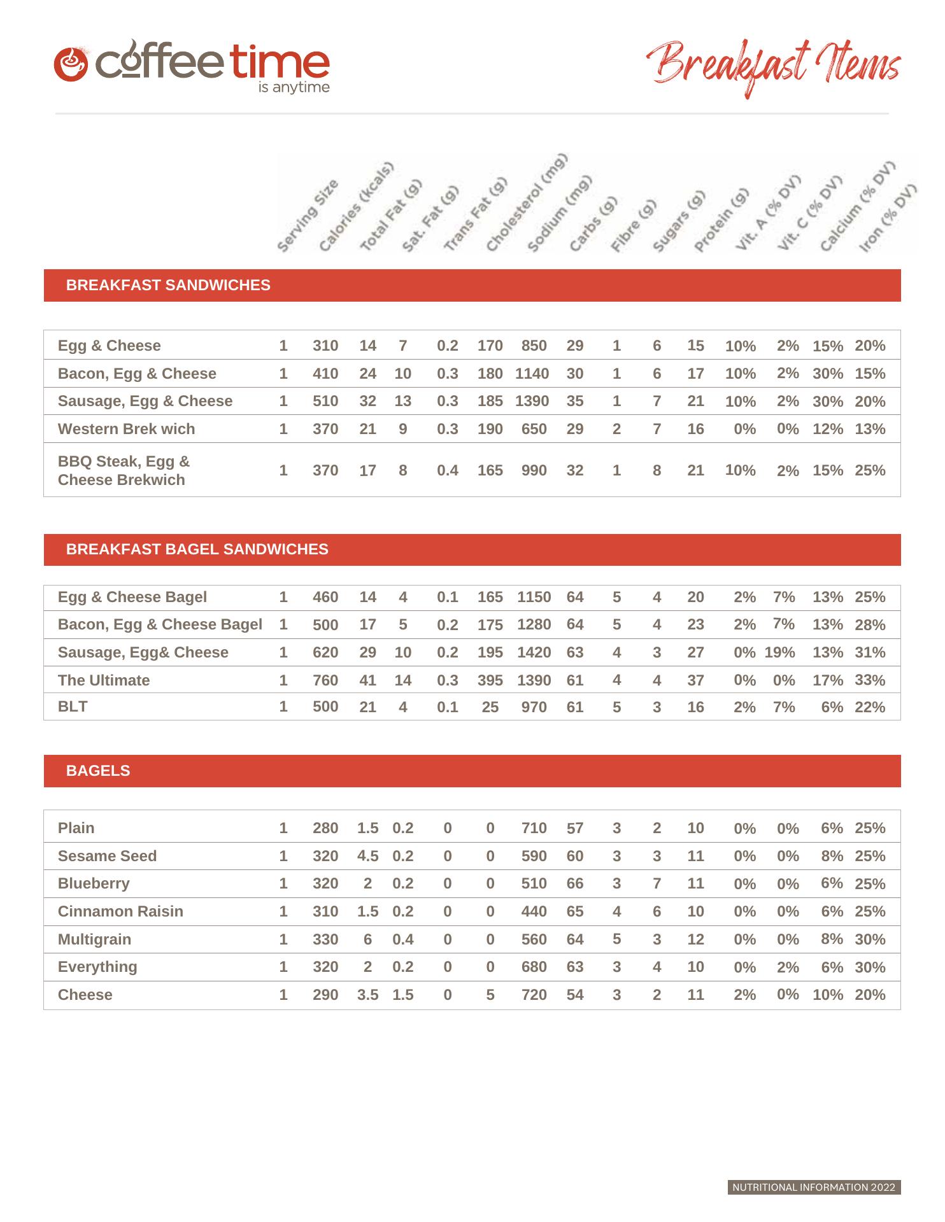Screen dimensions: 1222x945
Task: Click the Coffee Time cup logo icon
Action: (x=70, y=64)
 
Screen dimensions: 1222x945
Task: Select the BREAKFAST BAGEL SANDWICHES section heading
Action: (x=197, y=549)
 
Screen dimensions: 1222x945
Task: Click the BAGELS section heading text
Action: (x=98, y=771)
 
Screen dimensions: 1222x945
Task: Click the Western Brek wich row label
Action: (x=126, y=429)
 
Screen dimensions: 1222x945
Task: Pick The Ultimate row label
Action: (x=104, y=680)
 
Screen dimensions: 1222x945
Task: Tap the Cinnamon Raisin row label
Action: (x=120, y=911)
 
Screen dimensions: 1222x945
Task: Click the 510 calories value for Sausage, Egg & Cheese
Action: (x=325, y=401)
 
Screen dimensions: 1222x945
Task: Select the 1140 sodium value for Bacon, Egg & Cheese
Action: (x=532, y=374)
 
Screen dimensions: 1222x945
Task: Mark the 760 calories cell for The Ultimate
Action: (x=325, y=680)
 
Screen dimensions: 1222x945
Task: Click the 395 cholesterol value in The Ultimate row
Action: (x=490, y=680)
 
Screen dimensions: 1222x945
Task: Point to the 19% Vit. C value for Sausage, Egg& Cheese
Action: (x=779, y=652)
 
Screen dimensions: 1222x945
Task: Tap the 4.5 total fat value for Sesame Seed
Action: (x=367, y=856)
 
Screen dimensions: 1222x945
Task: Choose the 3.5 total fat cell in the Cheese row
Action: (x=367, y=995)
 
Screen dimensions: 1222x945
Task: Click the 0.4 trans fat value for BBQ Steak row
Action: (x=447, y=470)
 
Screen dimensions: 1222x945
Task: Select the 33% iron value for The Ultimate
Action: (x=870, y=680)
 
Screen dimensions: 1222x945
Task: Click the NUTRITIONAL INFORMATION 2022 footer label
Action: (x=814, y=1187)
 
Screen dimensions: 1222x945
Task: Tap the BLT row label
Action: (x=73, y=706)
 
